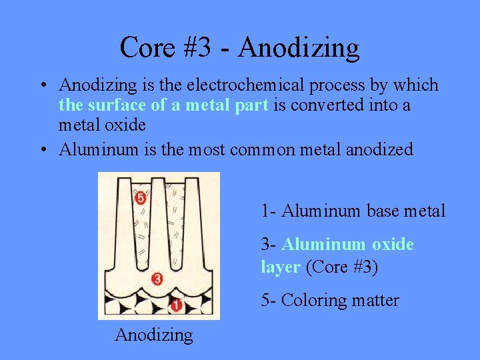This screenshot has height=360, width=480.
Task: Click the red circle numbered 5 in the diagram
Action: click(140, 197)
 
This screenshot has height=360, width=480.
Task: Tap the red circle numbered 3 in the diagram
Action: click(158, 279)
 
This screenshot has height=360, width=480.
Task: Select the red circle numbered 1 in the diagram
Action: click(177, 305)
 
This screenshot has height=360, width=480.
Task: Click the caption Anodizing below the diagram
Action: click(154, 334)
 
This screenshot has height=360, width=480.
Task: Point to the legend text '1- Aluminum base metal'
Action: click(353, 211)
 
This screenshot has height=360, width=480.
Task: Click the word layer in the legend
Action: click(280, 267)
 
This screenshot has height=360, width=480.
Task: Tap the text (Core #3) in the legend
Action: click(341, 267)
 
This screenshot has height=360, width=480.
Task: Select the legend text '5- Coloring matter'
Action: click(330, 301)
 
